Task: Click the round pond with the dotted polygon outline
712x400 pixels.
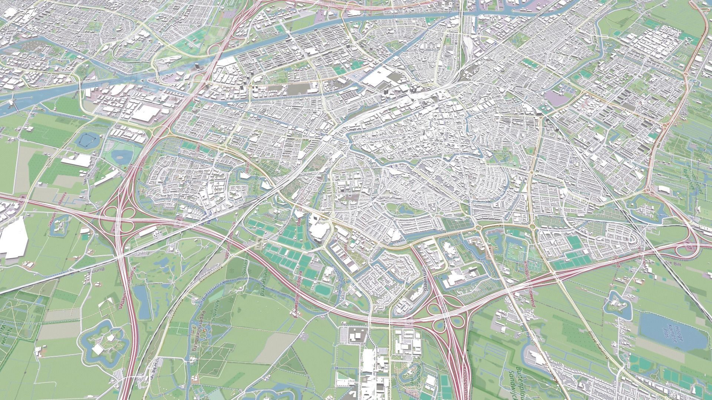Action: coord(88,140)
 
